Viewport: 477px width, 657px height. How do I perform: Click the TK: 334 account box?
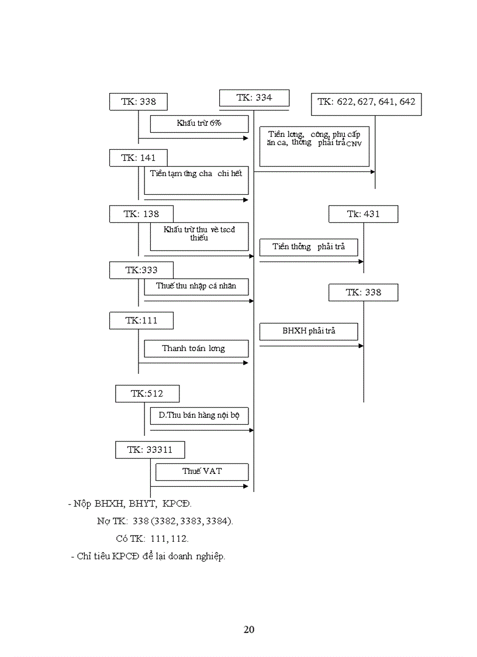(x=254, y=98)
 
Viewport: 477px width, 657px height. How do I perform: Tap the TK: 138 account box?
(x=141, y=214)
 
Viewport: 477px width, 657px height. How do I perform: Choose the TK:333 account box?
(x=141, y=270)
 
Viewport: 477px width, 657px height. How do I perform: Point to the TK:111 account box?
(x=141, y=321)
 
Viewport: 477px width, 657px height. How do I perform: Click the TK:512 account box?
(x=147, y=394)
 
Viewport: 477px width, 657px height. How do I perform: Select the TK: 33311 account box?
(x=150, y=450)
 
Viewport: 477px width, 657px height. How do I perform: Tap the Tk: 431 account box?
(x=363, y=214)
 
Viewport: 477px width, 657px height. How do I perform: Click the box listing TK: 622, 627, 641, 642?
(x=366, y=102)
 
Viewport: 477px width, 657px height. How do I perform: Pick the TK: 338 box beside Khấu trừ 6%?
(x=138, y=102)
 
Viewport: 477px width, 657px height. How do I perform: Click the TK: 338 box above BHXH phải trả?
(x=363, y=293)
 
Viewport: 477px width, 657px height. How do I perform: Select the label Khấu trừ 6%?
(x=199, y=123)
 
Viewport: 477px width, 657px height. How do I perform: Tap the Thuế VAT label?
(x=202, y=471)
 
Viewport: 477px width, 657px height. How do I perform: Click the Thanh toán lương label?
(x=193, y=349)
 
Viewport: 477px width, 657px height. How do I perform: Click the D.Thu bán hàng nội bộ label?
(x=199, y=415)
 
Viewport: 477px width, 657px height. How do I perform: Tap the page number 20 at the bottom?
(x=248, y=630)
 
